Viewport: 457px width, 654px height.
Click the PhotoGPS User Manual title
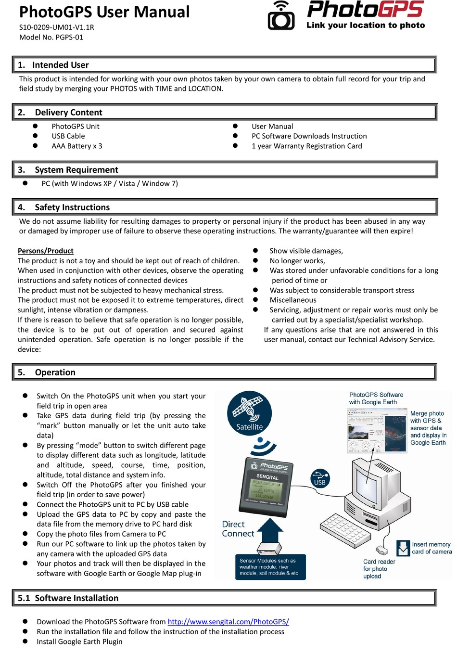(104, 12)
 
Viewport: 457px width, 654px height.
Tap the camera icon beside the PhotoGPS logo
(281, 16)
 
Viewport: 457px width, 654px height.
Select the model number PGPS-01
(51, 37)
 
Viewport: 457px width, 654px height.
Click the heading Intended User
(60, 65)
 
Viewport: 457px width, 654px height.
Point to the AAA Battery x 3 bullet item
(76, 146)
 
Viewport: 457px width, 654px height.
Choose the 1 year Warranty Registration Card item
(306, 146)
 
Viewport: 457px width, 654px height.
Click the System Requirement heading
(76, 170)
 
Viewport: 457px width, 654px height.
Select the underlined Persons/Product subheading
(46, 251)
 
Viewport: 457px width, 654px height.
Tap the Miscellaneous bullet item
(292, 300)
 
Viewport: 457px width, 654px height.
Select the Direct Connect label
(238, 529)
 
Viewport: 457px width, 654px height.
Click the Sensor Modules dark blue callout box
(270, 567)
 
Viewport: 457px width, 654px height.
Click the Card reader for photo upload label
(379, 569)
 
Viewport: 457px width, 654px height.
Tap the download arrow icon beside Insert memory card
(403, 548)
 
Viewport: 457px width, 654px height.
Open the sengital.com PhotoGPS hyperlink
(228, 622)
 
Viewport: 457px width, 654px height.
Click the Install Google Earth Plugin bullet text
(79, 641)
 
